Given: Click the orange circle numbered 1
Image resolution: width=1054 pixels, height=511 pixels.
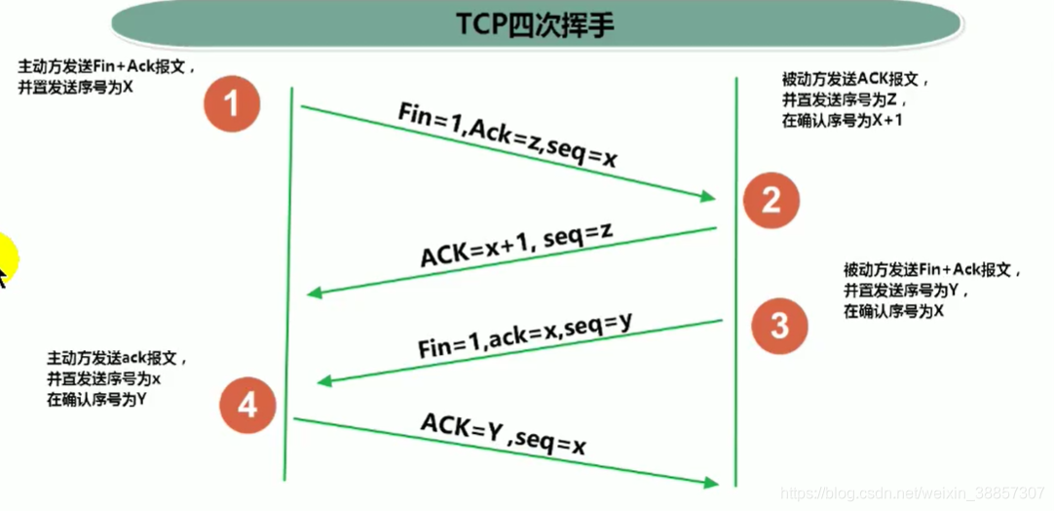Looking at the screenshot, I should point(232,102).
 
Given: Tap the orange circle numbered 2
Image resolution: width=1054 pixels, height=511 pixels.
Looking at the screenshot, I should point(771,200).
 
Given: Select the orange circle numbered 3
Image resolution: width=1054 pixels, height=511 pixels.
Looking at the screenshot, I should point(779,324).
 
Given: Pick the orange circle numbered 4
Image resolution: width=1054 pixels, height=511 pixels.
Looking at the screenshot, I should point(247,403).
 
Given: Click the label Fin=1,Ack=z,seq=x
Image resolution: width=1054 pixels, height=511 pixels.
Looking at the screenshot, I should point(508,135).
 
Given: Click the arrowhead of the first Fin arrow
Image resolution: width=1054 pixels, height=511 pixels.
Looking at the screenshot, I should point(709,198).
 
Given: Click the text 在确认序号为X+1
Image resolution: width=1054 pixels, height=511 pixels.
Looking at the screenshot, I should point(844,120).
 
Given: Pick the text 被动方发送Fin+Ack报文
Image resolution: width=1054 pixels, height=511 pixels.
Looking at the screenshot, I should point(932,270).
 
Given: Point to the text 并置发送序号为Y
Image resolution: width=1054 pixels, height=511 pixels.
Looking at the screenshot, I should point(906,291).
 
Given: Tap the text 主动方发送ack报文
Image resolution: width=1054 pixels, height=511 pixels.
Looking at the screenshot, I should point(116,358).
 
